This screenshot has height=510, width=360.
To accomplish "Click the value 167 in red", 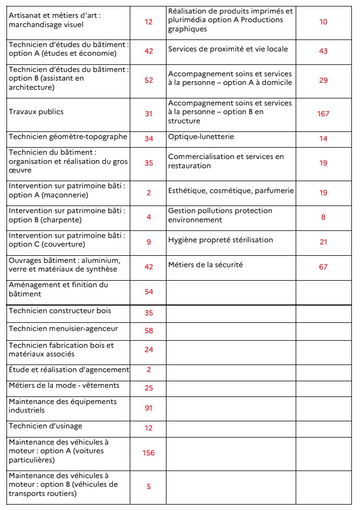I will coord(323,114).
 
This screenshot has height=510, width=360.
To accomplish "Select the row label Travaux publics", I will coord(36,112).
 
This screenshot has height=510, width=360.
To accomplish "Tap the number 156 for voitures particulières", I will coord(148,453).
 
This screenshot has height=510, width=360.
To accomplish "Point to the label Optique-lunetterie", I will coord(201,137).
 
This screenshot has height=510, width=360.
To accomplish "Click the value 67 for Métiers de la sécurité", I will coord(323,267).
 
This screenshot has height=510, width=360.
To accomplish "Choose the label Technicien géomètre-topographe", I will coord(68,137).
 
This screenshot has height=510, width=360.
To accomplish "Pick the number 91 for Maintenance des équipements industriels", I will coord(148,408).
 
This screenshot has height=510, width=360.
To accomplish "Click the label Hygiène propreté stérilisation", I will coord(221,240).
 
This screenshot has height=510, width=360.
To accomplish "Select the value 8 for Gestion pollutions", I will coord(323,217).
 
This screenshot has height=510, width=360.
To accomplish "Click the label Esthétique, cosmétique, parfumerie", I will coord(231,191).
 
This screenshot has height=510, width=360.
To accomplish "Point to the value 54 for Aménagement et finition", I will coord(149,292).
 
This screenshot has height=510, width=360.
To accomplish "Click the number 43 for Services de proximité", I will coord(323,51).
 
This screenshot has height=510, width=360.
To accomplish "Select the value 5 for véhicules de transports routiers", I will coord(149,486).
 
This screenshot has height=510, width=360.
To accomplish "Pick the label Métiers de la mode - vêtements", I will coord(64,386).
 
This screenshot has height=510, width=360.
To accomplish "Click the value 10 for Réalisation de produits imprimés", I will coord(323,22).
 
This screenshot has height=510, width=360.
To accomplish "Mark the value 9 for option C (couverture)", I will coord(149,242).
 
